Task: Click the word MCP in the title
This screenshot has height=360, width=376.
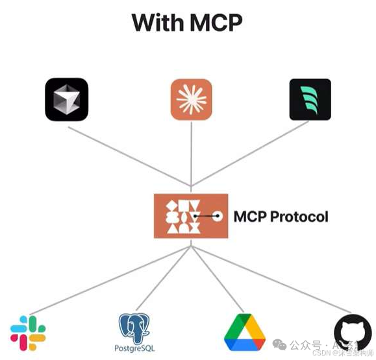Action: tap(215, 23)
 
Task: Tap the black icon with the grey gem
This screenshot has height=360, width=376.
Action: tap(67, 99)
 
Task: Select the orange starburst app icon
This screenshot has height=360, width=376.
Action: tap(192, 99)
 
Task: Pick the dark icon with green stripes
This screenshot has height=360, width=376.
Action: tap(310, 99)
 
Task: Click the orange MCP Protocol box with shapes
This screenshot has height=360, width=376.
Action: tap(191, 216)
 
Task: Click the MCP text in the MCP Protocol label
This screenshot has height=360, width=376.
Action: tap(250, 216)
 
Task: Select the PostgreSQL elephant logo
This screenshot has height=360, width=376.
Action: tap(134, 328)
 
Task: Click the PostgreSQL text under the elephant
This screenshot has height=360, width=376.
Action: tap(134, 349)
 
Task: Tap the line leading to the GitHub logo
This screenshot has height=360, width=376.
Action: tap(273, 281)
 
